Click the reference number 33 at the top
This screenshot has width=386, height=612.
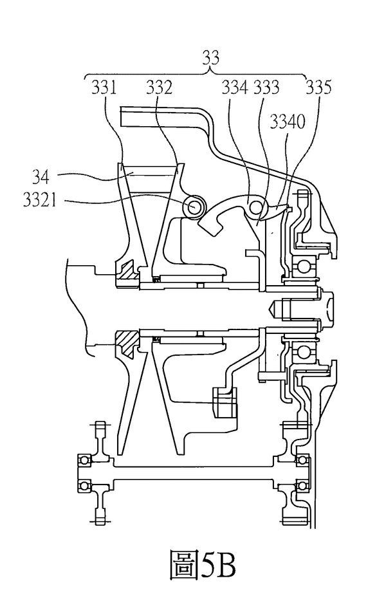211,58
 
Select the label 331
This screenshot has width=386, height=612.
104,87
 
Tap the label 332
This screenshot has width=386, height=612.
160,87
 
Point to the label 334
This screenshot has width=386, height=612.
235,87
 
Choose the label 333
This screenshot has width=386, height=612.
266,87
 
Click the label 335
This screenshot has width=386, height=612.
318,87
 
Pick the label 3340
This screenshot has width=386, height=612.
288,122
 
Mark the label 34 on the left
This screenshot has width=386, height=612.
41,177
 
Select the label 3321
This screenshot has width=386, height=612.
40,200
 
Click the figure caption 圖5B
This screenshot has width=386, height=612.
203,564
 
